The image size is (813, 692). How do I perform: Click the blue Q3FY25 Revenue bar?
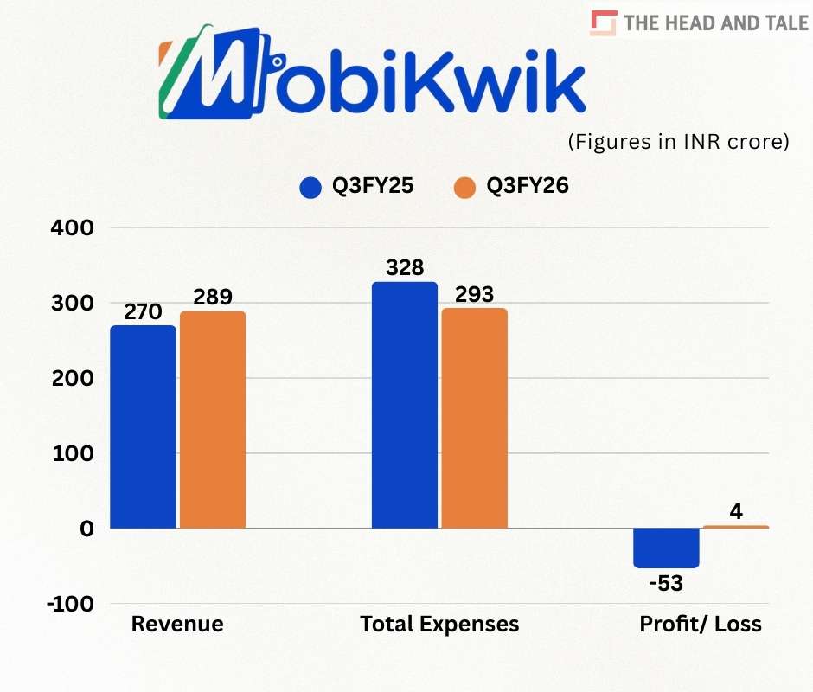(143, 426)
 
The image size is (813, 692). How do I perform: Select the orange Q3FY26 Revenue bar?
(213, 420)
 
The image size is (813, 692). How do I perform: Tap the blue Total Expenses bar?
(405, 405)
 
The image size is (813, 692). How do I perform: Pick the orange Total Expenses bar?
(474, 418)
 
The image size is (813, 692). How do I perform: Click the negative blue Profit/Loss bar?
(666, 548)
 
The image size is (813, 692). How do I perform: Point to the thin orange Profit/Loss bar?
(735, 526)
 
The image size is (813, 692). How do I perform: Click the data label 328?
(405, 267)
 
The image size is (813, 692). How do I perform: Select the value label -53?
(666, 583)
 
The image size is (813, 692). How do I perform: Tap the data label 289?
(213, 297)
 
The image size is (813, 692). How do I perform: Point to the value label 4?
(736, 511)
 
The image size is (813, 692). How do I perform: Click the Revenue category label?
(177, 624)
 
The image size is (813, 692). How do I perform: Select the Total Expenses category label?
(439, 624)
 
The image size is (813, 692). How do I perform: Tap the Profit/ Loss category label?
(701, 624)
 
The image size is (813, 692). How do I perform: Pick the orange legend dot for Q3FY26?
(464, 187)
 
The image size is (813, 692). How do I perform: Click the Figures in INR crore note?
(678, 142)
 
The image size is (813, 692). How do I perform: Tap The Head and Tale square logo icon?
(603, 23)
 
